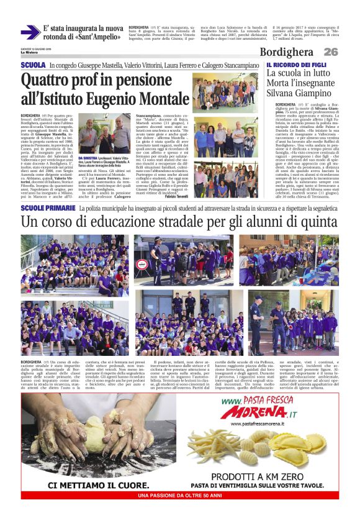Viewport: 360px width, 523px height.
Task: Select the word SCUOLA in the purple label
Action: click(33, 65)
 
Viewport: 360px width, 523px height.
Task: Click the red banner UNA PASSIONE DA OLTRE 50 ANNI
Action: click(179, 496)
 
